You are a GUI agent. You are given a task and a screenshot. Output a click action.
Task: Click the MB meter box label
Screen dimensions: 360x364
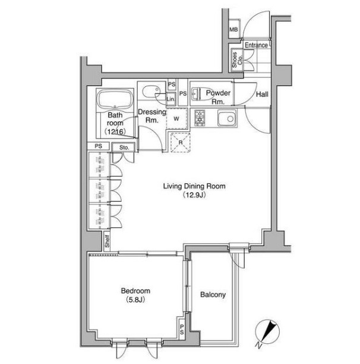click(233, 30)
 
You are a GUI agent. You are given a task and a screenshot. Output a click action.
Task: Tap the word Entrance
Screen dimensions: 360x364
click(256, 45)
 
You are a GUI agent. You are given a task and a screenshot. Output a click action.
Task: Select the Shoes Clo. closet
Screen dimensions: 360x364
click(237, 60)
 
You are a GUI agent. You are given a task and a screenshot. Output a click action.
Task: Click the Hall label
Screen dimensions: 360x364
click(262, 94)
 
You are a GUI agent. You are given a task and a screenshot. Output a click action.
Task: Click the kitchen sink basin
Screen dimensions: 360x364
click(227, 118)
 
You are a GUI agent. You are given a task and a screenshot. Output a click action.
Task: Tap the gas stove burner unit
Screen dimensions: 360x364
click(200, 118)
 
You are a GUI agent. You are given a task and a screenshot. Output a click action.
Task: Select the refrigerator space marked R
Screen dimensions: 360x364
click(181, 143)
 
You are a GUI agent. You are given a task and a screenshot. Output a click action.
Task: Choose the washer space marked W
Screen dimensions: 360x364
click(176, 118)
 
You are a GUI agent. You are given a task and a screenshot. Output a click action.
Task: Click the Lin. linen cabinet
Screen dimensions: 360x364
click(171, 99)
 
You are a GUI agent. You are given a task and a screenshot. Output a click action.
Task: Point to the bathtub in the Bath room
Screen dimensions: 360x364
click(115, 99)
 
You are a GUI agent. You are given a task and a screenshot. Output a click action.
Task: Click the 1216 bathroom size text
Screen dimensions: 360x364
click(115, 131)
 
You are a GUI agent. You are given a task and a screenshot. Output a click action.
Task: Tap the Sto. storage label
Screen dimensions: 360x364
click(124, 148)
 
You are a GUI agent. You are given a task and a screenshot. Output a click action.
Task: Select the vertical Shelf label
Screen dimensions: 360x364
click(107, 241)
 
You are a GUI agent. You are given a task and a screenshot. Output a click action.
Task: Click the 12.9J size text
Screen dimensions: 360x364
click(194, 195)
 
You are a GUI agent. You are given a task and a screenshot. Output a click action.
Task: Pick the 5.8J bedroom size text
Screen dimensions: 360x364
click(135, 300)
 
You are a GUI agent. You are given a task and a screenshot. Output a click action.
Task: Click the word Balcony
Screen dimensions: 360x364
click(213, 294)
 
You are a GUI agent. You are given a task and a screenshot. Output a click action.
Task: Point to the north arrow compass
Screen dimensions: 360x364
click(267, 332)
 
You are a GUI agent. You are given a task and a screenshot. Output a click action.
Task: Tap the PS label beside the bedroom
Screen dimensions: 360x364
click(182, 330)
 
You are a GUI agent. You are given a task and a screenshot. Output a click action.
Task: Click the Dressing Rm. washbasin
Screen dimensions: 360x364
click(151, 92)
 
